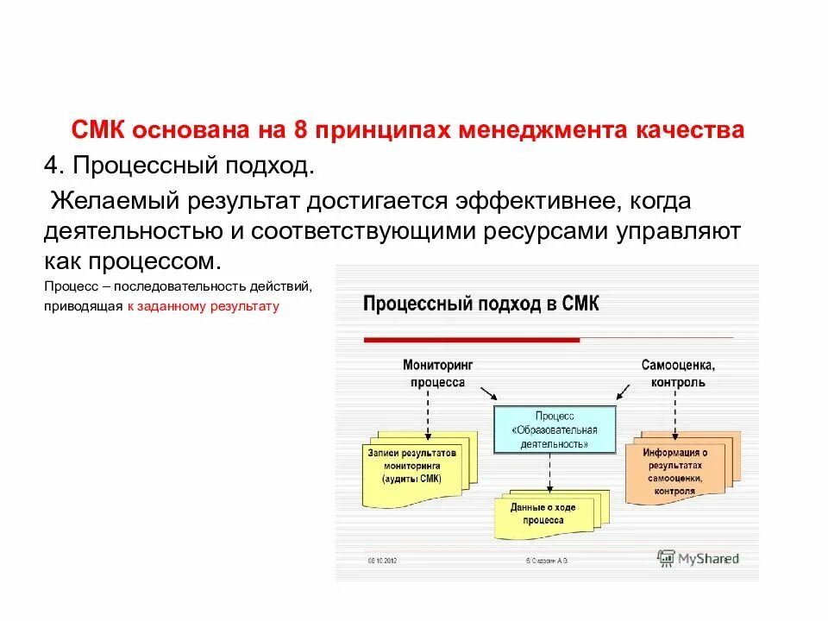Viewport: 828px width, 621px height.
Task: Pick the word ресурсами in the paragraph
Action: click(x=566, y=232)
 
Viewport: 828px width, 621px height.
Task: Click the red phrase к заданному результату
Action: click(x=203, y=306)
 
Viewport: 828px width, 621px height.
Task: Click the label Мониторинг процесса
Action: click(x=437, y=373)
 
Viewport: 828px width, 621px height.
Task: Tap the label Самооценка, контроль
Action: click(x=678, y=373)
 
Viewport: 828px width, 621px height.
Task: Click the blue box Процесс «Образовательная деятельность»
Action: click(x=554, y=430)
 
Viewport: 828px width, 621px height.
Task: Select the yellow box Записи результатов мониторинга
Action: click(x=411, y=465)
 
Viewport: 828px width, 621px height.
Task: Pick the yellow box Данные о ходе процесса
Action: click(x=542, y=514)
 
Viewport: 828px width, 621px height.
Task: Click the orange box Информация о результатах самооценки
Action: click(x=675, y=470)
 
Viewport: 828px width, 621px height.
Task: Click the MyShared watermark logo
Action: click(x=693, y=559)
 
